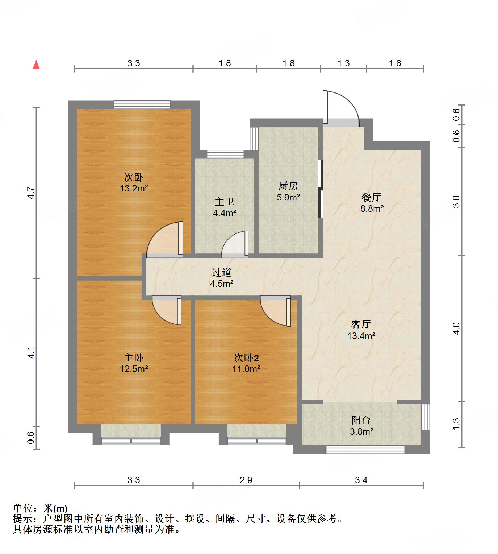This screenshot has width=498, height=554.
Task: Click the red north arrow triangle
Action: [x=36, y=65]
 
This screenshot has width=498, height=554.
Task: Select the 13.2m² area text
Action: [x=134, y=188]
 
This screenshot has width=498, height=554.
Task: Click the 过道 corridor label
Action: [x=221, y=273]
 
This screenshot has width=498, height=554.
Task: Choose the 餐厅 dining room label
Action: [x=372, y=198]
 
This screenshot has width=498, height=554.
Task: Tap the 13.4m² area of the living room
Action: [x=361, y=336]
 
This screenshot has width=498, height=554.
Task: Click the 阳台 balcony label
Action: [x=361, y=421]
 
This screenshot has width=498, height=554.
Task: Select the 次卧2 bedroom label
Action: [x=246, y=358]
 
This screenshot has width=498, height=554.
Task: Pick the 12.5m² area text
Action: [x=134, y=369]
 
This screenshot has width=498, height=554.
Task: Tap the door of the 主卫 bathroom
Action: [x=235, y=245]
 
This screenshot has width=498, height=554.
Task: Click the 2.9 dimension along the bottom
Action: [x=246, y=480]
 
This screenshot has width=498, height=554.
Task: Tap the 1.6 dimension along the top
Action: [x=395, y=63]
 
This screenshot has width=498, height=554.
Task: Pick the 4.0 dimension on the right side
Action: [x=456, y=328]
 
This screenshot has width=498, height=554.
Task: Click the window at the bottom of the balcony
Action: [x=365, y=450]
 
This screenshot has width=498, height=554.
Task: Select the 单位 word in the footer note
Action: [x=24, y=508]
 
